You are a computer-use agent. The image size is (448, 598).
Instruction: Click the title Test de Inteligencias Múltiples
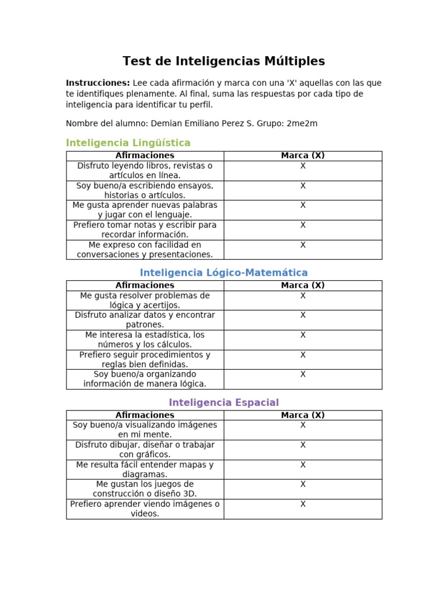coord(223,61)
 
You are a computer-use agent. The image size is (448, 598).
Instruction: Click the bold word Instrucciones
coord(97,83)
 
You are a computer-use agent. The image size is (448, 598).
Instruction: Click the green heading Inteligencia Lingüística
coord(128,142)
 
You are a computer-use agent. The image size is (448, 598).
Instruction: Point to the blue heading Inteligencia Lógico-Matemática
coord(223,273)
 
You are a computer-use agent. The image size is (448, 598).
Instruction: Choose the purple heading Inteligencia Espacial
coord(223,402)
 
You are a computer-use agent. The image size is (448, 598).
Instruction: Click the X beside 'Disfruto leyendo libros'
coord(303,166)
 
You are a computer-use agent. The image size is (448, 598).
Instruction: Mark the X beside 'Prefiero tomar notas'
coord(303,225)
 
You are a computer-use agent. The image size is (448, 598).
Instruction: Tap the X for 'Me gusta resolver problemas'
coord(303,295)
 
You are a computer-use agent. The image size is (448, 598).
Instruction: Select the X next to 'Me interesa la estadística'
coord(303,335)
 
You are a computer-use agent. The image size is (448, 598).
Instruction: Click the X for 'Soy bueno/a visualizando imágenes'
coord(303,425)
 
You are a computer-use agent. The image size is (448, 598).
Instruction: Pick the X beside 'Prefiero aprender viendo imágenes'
coord(303,504)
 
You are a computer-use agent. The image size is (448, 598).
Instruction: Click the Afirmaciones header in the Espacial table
coord(145,415)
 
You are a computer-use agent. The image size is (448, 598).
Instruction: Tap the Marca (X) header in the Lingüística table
coord(303,155)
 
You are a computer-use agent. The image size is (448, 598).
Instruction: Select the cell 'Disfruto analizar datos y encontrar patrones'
coord(145,319)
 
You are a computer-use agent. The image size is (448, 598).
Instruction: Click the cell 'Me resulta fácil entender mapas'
coord(145,470)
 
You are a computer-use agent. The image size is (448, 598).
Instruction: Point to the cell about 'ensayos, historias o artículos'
coord(145,190)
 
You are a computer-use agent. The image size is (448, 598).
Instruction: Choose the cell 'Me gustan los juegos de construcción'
coord(145,489)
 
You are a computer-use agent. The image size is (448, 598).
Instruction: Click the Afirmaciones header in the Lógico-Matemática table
coord(145,286)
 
